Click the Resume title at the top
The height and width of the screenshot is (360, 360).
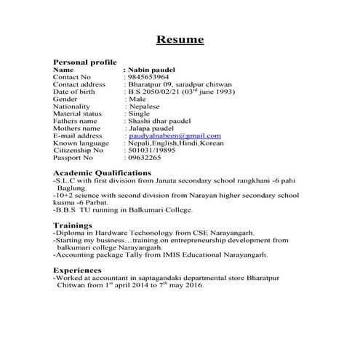click(x=180, y=39)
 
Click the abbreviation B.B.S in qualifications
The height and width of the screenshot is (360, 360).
click(x=68, y=209)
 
